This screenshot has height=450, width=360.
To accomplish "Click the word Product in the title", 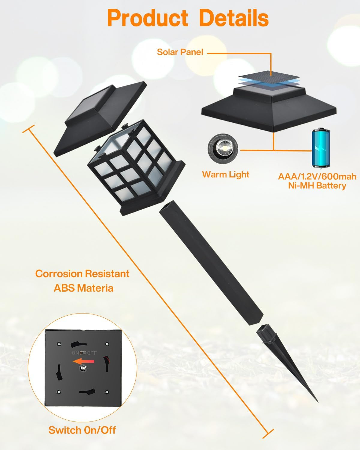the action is coord(148,18).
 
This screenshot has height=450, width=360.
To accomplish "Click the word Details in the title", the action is coord(234,18).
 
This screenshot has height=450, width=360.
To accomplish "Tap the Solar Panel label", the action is coord(180,52).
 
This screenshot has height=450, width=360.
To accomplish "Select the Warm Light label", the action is coord(226,174).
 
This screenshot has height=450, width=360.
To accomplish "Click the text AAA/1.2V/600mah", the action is coord(317,177).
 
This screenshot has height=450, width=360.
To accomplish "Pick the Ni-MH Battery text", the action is coord(317,186).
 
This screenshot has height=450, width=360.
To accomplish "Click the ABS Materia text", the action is coord(84,288).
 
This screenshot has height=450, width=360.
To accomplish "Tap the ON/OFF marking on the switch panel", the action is coord(84,353).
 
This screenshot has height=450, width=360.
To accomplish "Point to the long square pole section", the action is coord(211,262).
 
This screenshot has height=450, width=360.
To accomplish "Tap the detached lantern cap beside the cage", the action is coord(100,118).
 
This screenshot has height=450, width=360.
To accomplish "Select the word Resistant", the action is coord(107,274).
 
